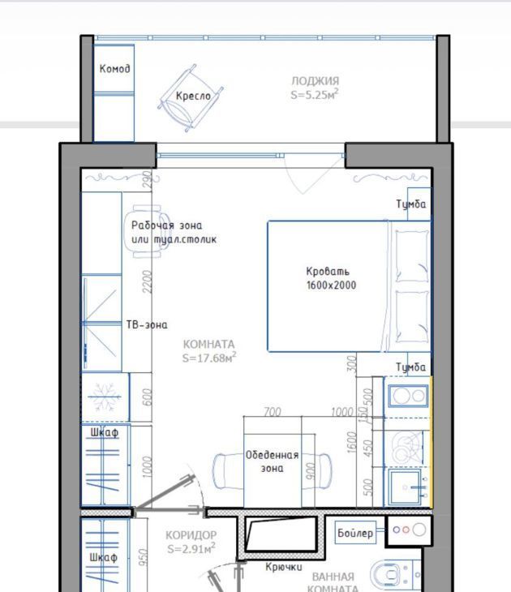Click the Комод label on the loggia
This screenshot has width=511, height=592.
(x=115, y=69)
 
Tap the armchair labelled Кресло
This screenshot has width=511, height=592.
(x=191, y=98)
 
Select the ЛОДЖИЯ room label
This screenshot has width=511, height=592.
(x=315, y=81)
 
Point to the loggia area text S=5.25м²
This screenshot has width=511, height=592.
(x=314, y=94)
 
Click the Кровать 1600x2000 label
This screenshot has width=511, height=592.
(x=331, y=278)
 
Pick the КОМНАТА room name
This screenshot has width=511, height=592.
(x=208, y=345)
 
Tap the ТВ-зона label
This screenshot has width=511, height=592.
(x=147, y=324)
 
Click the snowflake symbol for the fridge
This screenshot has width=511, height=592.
(x=105, y=397)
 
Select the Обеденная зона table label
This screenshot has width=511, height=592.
(x=272, y=461)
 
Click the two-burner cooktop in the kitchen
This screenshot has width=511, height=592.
(x=408, y=396)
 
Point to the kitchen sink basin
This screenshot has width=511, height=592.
(x=406, y=487)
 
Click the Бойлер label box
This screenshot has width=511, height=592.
(x=355, y=533)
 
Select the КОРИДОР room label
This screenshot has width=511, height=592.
(x=191, y=535)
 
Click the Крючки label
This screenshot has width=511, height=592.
(x=284, y=567)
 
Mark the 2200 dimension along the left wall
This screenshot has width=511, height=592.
(x=148, y=281)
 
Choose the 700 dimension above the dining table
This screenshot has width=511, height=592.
(x=273, y=412)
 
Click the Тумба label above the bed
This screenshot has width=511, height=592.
(x=411, y=204)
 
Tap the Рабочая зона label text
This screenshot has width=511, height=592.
(x=166, y=225)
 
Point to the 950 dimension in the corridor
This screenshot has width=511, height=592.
(x=143, y=557)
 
